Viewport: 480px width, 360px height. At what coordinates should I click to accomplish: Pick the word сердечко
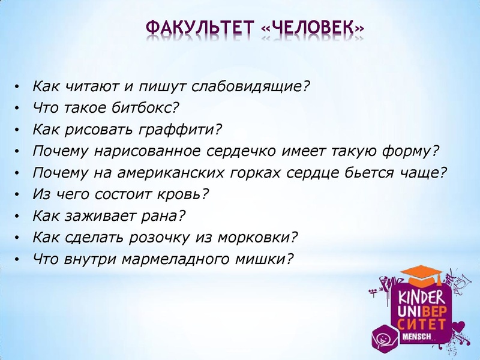tap(257, 151)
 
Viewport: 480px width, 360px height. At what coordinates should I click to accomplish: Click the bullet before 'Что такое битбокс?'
tap(19, 109)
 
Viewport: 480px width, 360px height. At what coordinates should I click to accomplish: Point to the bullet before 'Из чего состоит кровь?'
tap(19, 195)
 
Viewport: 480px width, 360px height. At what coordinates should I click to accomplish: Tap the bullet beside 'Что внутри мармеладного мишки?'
tap(19, 260)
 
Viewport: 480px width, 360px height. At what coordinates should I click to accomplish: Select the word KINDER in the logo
tap(419, 296)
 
